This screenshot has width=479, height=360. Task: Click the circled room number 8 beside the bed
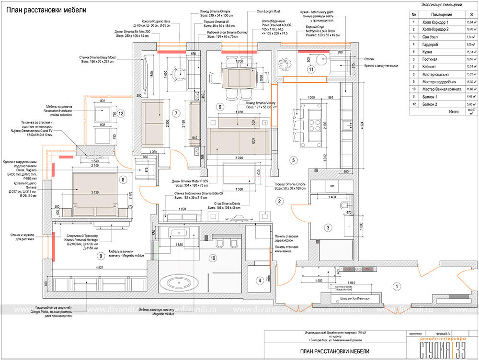[x=123, y=180]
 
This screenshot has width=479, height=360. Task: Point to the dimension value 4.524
[x=100, y=267]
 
